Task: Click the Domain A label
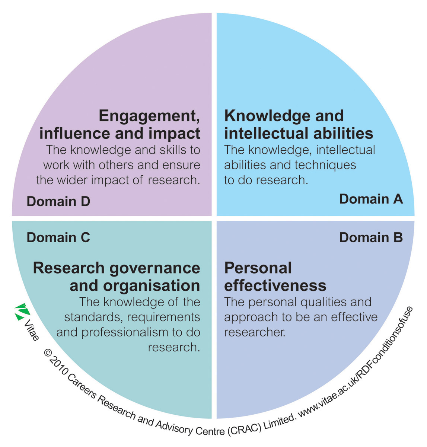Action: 371,199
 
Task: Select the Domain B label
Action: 371,237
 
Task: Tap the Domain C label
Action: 58,237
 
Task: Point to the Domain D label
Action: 58,201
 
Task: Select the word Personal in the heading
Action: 258,268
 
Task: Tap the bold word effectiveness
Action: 275,286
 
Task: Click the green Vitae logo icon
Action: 22,312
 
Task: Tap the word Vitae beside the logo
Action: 31,330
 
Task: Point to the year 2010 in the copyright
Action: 57,365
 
